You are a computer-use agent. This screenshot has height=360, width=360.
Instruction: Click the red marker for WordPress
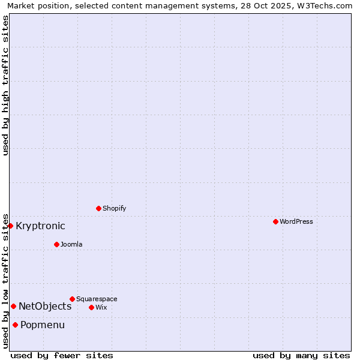tap(275, 221)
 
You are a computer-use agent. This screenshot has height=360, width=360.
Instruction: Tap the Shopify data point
tap(98, 208)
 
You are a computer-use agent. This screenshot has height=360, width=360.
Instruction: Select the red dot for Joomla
tap(56, 244)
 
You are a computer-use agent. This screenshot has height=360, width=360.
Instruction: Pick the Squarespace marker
tap(72, 299)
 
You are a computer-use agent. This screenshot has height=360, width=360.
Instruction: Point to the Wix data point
tap(91, 307)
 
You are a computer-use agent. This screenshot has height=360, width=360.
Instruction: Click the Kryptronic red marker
tap(11, 226)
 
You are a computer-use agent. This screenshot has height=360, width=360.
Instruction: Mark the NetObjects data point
tap(13, 306)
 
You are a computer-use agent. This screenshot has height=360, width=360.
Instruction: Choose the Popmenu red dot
tap(15, 325)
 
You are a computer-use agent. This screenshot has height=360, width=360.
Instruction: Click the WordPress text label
tap(296, 221)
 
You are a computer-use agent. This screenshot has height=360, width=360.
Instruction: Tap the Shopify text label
tap(114, 208)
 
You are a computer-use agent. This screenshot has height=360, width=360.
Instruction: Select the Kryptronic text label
tap(40, 226)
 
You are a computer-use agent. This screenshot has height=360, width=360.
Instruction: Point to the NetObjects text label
tap(45, 307)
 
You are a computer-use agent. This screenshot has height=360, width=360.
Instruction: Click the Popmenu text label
tap(43, 325)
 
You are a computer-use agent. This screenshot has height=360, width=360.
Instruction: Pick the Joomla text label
tap(71, 244)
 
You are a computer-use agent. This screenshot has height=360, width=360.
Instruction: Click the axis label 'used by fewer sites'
tap(62, 355)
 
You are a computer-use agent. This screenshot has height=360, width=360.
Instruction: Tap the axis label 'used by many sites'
tap(301, 355)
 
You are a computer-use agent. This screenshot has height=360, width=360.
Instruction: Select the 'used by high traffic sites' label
tap(5, 85)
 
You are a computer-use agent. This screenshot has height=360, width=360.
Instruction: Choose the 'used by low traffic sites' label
tap(5, 280)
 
